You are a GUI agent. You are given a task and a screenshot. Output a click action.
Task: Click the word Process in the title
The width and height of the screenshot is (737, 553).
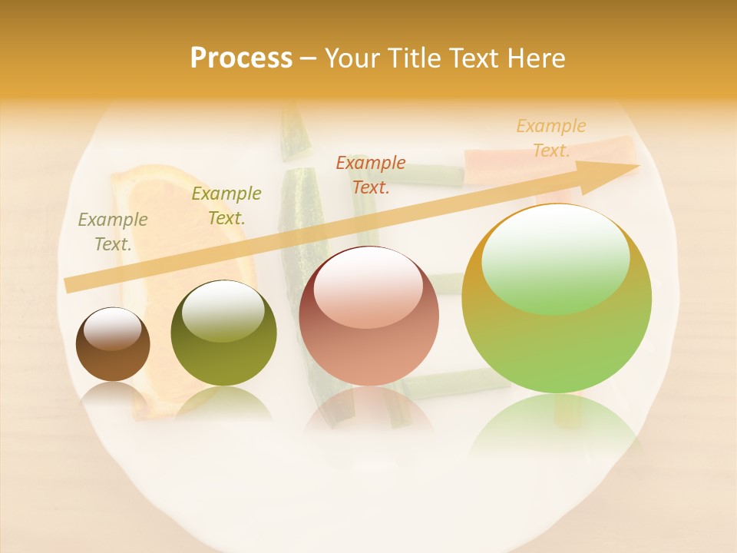241,58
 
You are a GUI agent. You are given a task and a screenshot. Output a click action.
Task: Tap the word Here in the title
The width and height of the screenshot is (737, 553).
535,58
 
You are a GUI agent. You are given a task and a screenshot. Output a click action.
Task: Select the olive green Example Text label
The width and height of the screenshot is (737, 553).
226,206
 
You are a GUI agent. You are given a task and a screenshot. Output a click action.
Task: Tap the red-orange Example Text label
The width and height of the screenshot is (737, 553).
371,175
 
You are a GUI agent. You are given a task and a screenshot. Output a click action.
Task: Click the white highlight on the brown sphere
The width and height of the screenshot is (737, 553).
112,328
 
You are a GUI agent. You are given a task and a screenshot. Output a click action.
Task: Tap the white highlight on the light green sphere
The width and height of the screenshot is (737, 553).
555,258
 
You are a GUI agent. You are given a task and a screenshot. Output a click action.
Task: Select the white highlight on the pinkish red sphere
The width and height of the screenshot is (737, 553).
368,285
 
